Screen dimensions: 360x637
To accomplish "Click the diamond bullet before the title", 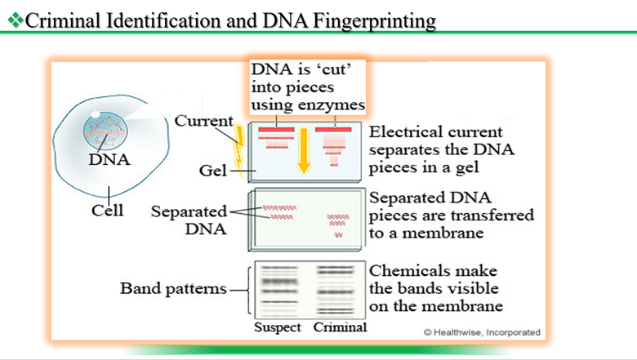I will click(x=14, y=20).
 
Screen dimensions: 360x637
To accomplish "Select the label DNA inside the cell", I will click(x=109, y=160).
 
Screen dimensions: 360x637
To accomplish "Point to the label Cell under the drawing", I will click(x=108, y=211).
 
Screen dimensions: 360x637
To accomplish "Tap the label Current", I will click(x=203, y=122).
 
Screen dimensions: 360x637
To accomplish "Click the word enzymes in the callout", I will click(x=332, y=105).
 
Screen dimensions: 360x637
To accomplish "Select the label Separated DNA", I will click(x=195, y=220).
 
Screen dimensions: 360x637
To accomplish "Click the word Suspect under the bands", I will click(x=278, y=328).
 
